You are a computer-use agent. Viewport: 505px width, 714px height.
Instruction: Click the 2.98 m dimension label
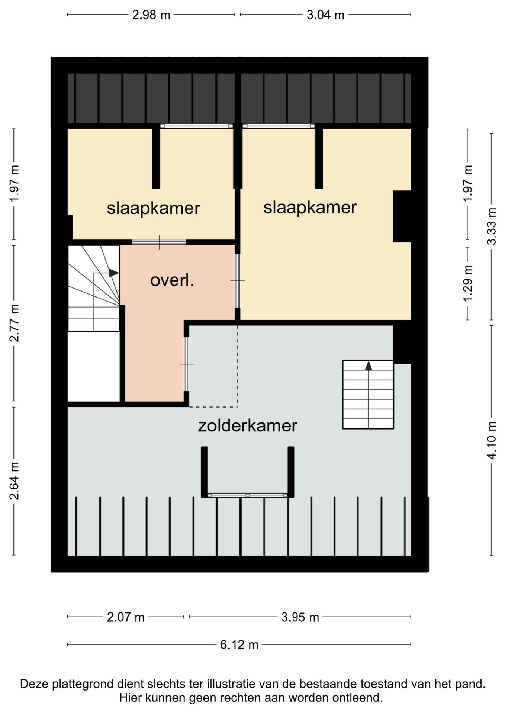[x=151, y=15]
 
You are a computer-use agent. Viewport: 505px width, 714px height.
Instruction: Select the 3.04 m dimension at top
[x=325, y=15]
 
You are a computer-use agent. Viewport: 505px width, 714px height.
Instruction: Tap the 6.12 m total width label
[x=239, y=644]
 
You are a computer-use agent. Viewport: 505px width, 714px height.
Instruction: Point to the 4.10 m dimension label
[x=492, y=441]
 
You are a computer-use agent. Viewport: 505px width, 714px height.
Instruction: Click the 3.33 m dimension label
[x=492, y=226]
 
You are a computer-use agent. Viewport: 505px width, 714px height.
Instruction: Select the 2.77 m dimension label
[x=15, y=323]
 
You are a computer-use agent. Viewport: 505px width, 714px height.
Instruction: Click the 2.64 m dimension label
[x=15, y=480]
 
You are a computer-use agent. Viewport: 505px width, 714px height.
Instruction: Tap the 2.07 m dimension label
[x=125, y=617]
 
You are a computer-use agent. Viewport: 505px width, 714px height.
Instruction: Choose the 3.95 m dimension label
[x=300, y=617]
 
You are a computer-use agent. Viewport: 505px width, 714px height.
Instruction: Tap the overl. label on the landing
[x=172, y=280]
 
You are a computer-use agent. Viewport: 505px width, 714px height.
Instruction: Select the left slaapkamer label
[x=153, y=208]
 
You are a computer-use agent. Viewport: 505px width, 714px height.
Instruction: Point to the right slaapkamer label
[x=310, y=207]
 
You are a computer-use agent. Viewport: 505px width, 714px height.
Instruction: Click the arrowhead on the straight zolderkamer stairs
[x=368, y=366]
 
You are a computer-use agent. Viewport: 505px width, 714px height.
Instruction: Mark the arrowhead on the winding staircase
[x=114, y=273]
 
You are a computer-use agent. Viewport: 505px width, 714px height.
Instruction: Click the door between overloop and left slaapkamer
[x=159, y=242]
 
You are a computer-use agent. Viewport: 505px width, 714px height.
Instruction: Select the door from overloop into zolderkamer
[x=187, y=364]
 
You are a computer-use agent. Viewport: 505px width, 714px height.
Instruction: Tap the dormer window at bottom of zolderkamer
[x=247, y=495]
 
